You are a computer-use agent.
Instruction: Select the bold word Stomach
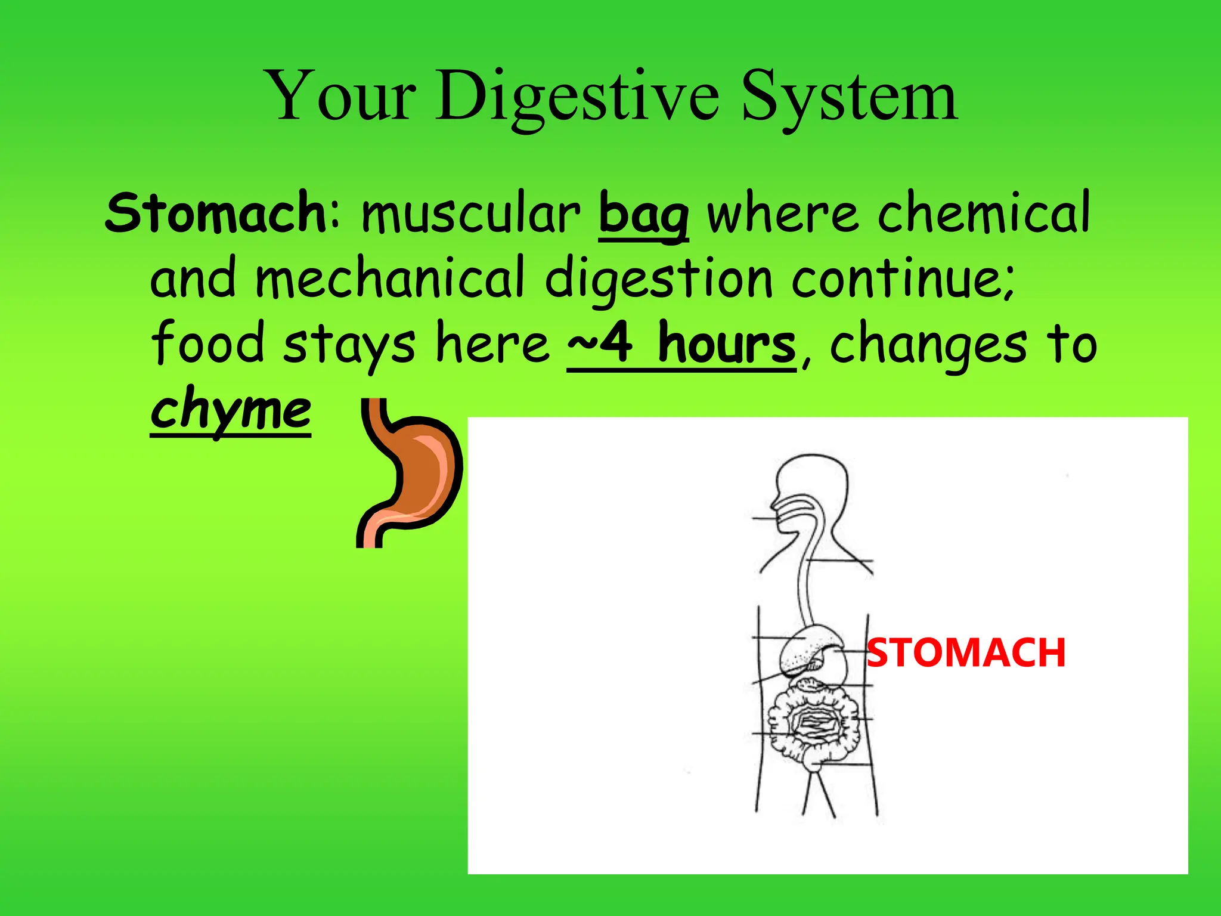(215, 213)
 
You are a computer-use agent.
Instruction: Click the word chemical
(984, 213)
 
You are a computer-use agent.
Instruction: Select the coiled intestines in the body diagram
(814, 725)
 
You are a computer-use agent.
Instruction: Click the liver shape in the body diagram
(802, 650)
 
